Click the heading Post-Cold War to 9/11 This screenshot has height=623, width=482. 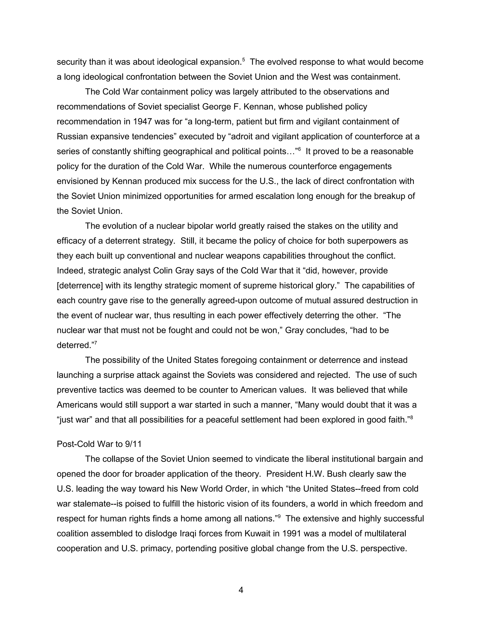[x=99, y=444]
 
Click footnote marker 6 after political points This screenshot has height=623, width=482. [x=299, y=149]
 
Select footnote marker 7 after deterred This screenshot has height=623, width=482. [x=96, y=343]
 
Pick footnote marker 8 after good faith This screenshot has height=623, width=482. [x=411, y=418]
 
